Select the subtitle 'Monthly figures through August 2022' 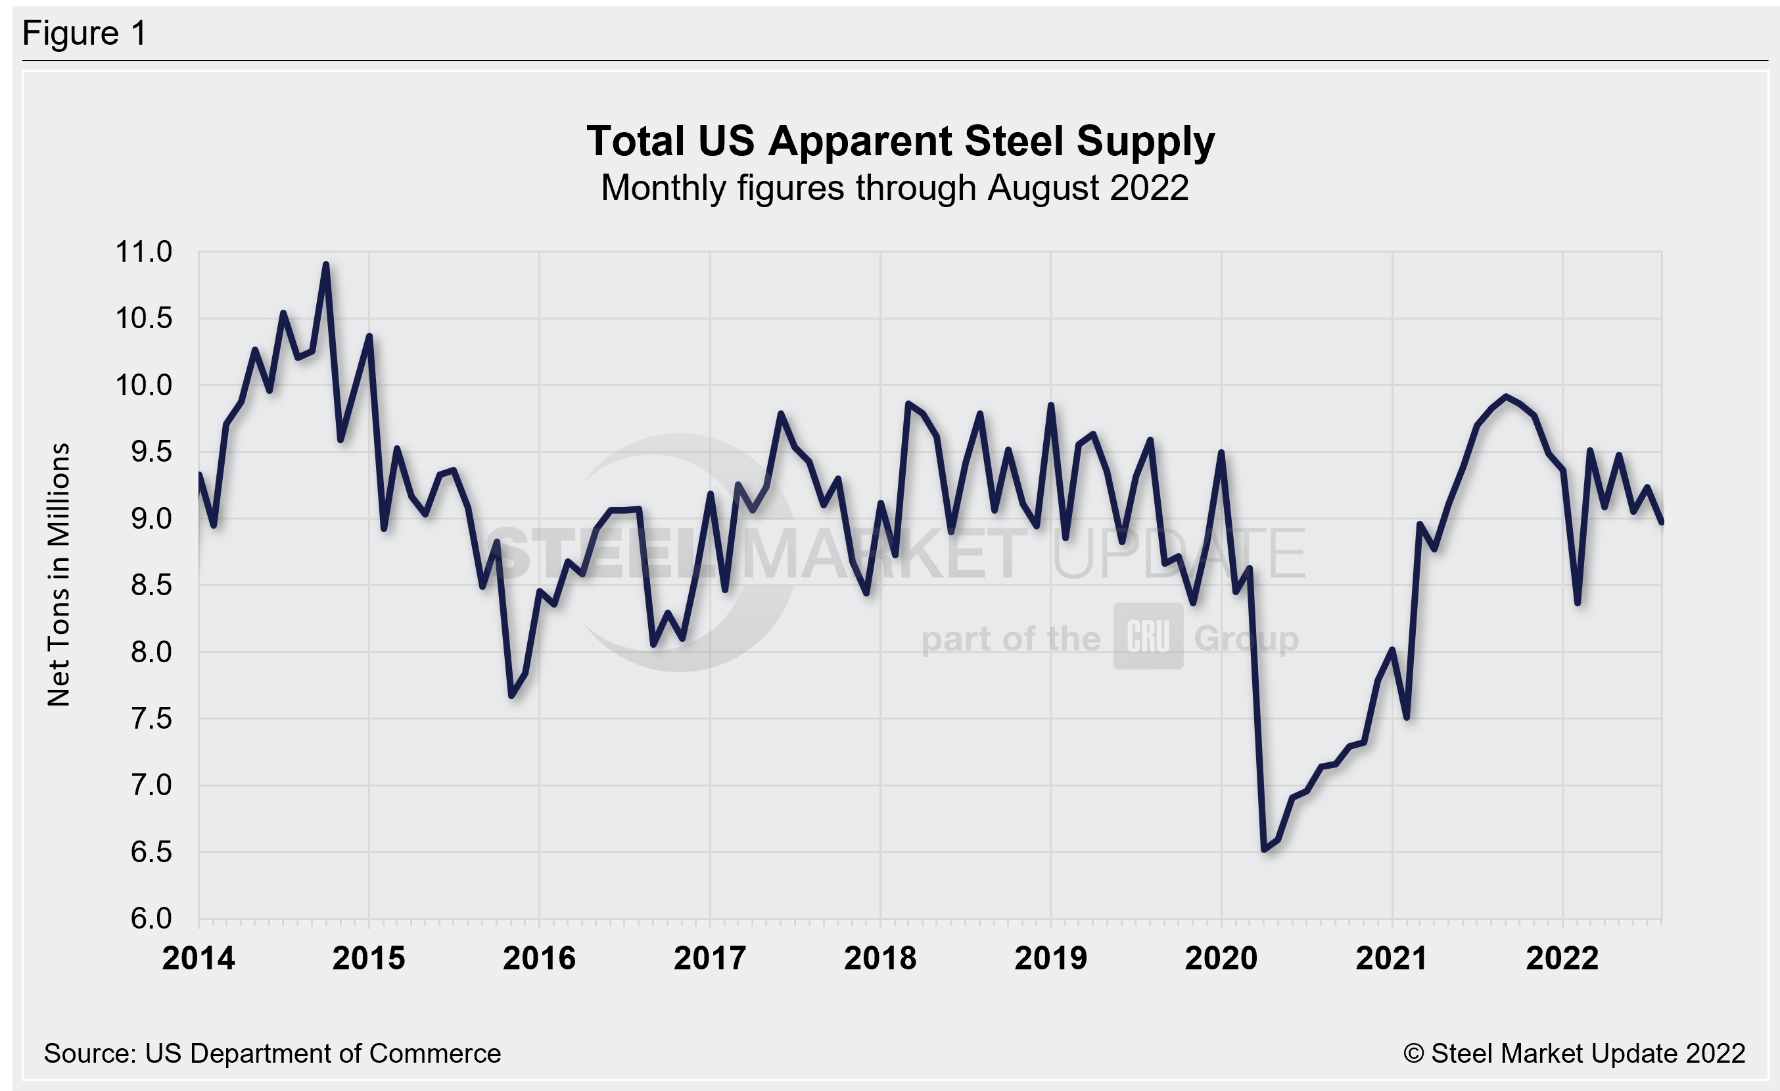(x=895, y=189)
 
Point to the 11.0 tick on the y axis (x=145, y=252)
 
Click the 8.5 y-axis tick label (x=151, y=585)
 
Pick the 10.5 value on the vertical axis (x=145, y=319)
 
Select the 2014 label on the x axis (x=199, y=959)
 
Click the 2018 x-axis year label (x=880, y=959)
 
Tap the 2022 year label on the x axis (x=1562, y=959)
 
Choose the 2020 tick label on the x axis (x=1221, y=959)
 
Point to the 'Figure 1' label (x=85, y=34)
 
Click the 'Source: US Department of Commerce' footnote (x=272, y=1054)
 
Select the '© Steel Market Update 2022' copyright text (x=1574, y=1054)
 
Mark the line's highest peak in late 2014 (x=326, y=265)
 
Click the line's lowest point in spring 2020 (x=1264, y=849)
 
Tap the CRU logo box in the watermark (x=1148, y=637)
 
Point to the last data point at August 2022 (x=1662, y=521)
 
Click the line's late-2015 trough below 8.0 (x=511, y=696)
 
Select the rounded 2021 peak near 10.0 (x=1505, y=396)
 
